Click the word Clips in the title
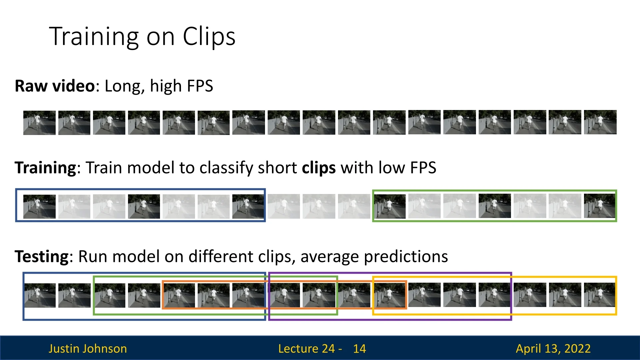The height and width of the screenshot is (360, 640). click(x=209, y=36)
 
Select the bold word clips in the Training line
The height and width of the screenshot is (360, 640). click(x=319, y=168)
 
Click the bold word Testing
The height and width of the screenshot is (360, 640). click(x=42, y=257)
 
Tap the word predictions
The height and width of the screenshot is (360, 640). click(x=406, y=257)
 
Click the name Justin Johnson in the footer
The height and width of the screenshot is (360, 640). click(x=88, y=348)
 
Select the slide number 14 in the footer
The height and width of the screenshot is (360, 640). click(x=359, y=349)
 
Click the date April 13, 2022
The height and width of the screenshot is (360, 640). click(x=553, y=349)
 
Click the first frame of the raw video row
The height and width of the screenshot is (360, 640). click(x=39, y=123)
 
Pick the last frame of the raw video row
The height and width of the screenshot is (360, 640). click(x=600, y=122)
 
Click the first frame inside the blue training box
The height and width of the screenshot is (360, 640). click(x=39, y=207)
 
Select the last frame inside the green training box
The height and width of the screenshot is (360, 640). click(x=599, y=206)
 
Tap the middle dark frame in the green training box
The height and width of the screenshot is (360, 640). click(x=495, y=206)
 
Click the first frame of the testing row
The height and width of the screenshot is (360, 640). click(x=40, y=295)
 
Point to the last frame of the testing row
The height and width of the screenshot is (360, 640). click(x=599, y=295)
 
